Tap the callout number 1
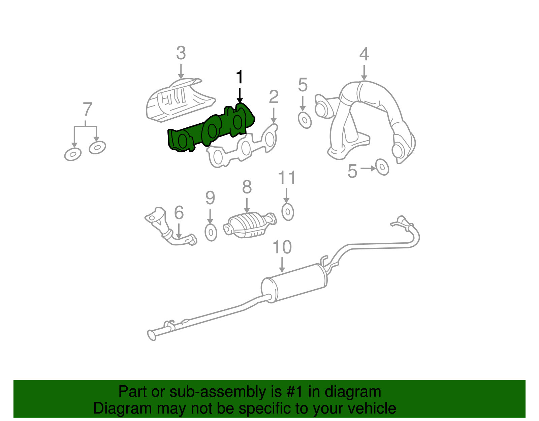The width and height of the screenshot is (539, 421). coord(240,77)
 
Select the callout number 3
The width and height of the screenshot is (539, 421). coord(181,53)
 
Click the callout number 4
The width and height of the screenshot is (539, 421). coord(364,54)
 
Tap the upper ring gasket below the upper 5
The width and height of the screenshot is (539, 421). coord(305,120)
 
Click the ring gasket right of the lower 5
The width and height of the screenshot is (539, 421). coord(382,168)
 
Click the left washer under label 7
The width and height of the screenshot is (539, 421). coord(73,154)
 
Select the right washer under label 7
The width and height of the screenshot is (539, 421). coord(97,147)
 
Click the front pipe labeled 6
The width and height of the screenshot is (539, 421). coord(168,229)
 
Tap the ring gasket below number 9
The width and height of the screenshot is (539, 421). coord(211,232)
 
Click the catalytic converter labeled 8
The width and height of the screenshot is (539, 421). coord(250,224)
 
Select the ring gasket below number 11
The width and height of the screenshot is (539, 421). coord(288,212)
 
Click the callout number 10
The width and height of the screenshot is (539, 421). coord(282,247)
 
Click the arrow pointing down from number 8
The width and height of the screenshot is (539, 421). coord(247,205)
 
